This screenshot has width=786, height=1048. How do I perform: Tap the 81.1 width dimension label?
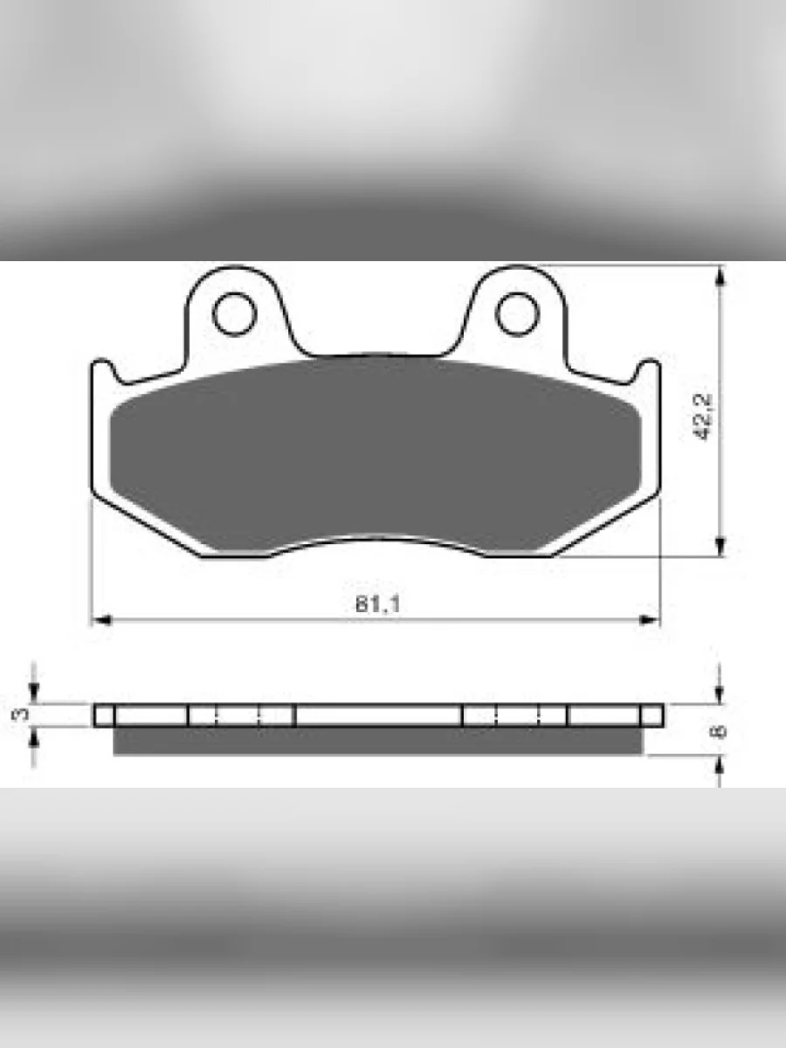tap(377, 604)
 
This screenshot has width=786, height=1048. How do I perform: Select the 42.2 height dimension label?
tap(702, 417)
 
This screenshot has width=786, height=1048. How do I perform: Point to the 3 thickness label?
tap(19, 714)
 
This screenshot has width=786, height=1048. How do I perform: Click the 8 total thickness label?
tap(719, 732)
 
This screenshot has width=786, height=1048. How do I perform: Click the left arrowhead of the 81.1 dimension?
tap(101, 620)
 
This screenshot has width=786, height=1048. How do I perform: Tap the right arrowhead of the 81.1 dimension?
tap(650, 620)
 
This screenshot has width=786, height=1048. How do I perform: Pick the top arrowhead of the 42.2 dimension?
tap(720, 277)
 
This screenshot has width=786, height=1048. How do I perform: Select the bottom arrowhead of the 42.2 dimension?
tap(720, 545)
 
